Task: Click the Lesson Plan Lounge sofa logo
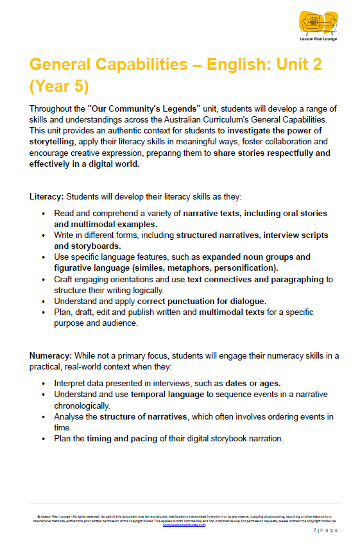tap(318, 24)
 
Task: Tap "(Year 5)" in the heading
tap(60, 85)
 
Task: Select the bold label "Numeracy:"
tap(51, 355)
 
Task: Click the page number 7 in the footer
tap(314, 531)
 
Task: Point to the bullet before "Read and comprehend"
tap(43, 213)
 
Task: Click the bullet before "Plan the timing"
tap(43, 439)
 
